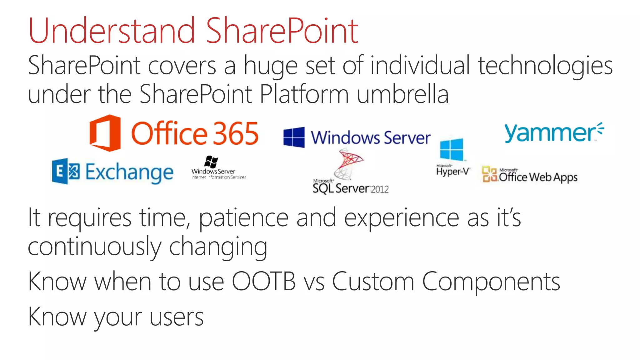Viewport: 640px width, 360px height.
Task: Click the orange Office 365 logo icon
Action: [x=105, y=133]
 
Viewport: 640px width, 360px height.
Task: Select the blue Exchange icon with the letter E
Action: [x=66, y=171]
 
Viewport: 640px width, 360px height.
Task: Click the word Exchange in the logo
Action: [x=129, y=172]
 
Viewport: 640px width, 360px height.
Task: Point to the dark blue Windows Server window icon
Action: [x=294, y=137]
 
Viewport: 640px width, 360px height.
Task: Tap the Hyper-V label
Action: [x=453, y=171]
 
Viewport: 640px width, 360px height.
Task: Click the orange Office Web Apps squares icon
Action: [x=489, y=174]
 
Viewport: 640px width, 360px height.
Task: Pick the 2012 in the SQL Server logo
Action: [x=379, y=189]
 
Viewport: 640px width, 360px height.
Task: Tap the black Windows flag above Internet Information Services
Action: [x=211, y=162]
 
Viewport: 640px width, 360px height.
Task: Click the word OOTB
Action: [x=263, y=282]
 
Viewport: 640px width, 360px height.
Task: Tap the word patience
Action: [x=243, y=218]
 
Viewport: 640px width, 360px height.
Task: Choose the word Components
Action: [x=491, y=282]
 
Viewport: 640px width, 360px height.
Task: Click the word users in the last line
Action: [x=177, y=317]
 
